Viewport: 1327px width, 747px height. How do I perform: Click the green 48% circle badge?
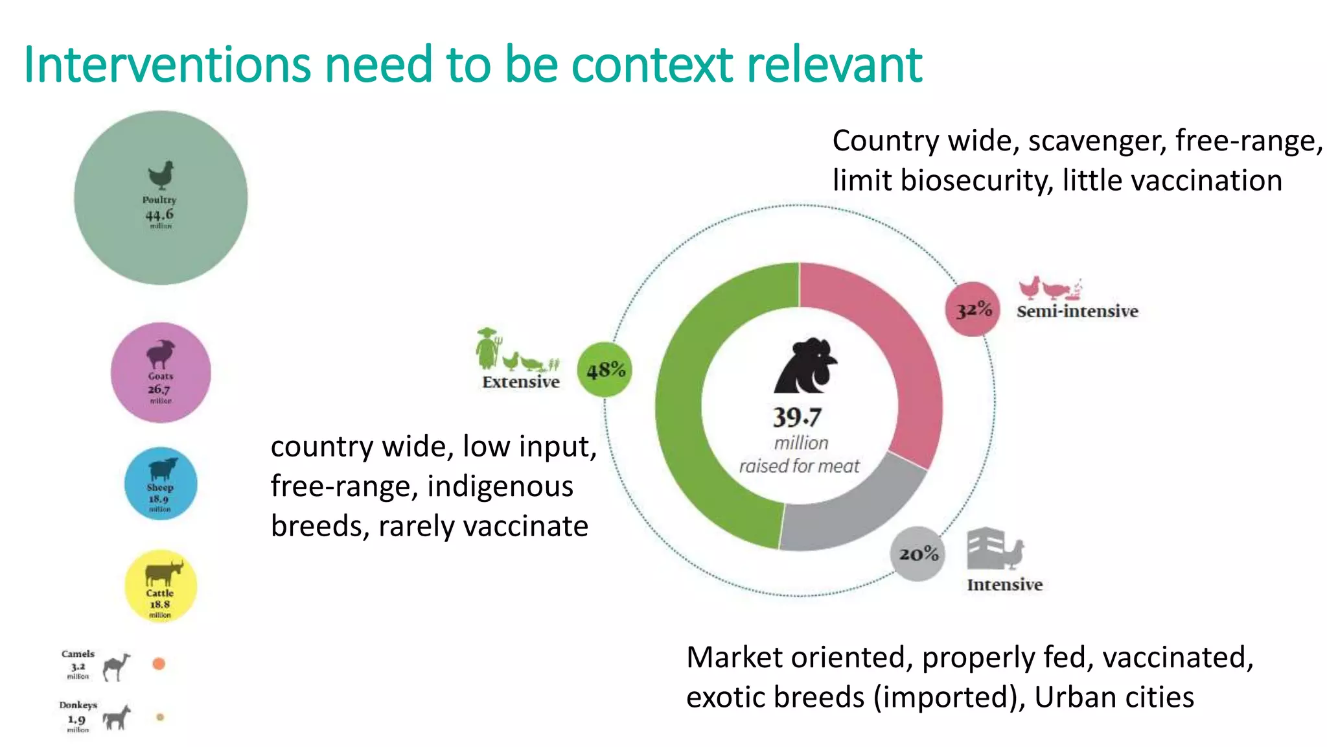coord(605,370)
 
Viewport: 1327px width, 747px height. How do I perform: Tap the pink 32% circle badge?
coord(973,309)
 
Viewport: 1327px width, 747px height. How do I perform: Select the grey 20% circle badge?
coord(917,554)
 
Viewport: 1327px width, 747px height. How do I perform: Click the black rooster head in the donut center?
coord(805,366)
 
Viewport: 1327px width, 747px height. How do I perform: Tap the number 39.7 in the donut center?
coord(797,418)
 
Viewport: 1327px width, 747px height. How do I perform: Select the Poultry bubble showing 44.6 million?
coord(161,198)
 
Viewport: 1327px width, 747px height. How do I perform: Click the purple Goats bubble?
coord(161,373)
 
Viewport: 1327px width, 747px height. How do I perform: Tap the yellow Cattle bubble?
coord(161,586)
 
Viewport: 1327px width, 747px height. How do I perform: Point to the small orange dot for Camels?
coord(159,663)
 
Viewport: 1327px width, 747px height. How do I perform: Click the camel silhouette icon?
coord(117,666)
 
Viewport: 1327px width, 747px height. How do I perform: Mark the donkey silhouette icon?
coord(117,717)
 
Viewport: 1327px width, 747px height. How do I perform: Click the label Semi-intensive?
coord(1077,311)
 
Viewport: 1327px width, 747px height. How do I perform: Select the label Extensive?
coord(521,382)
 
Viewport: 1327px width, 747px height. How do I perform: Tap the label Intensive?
coord(1004,585)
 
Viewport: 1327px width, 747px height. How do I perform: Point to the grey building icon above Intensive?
coord(985,549)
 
